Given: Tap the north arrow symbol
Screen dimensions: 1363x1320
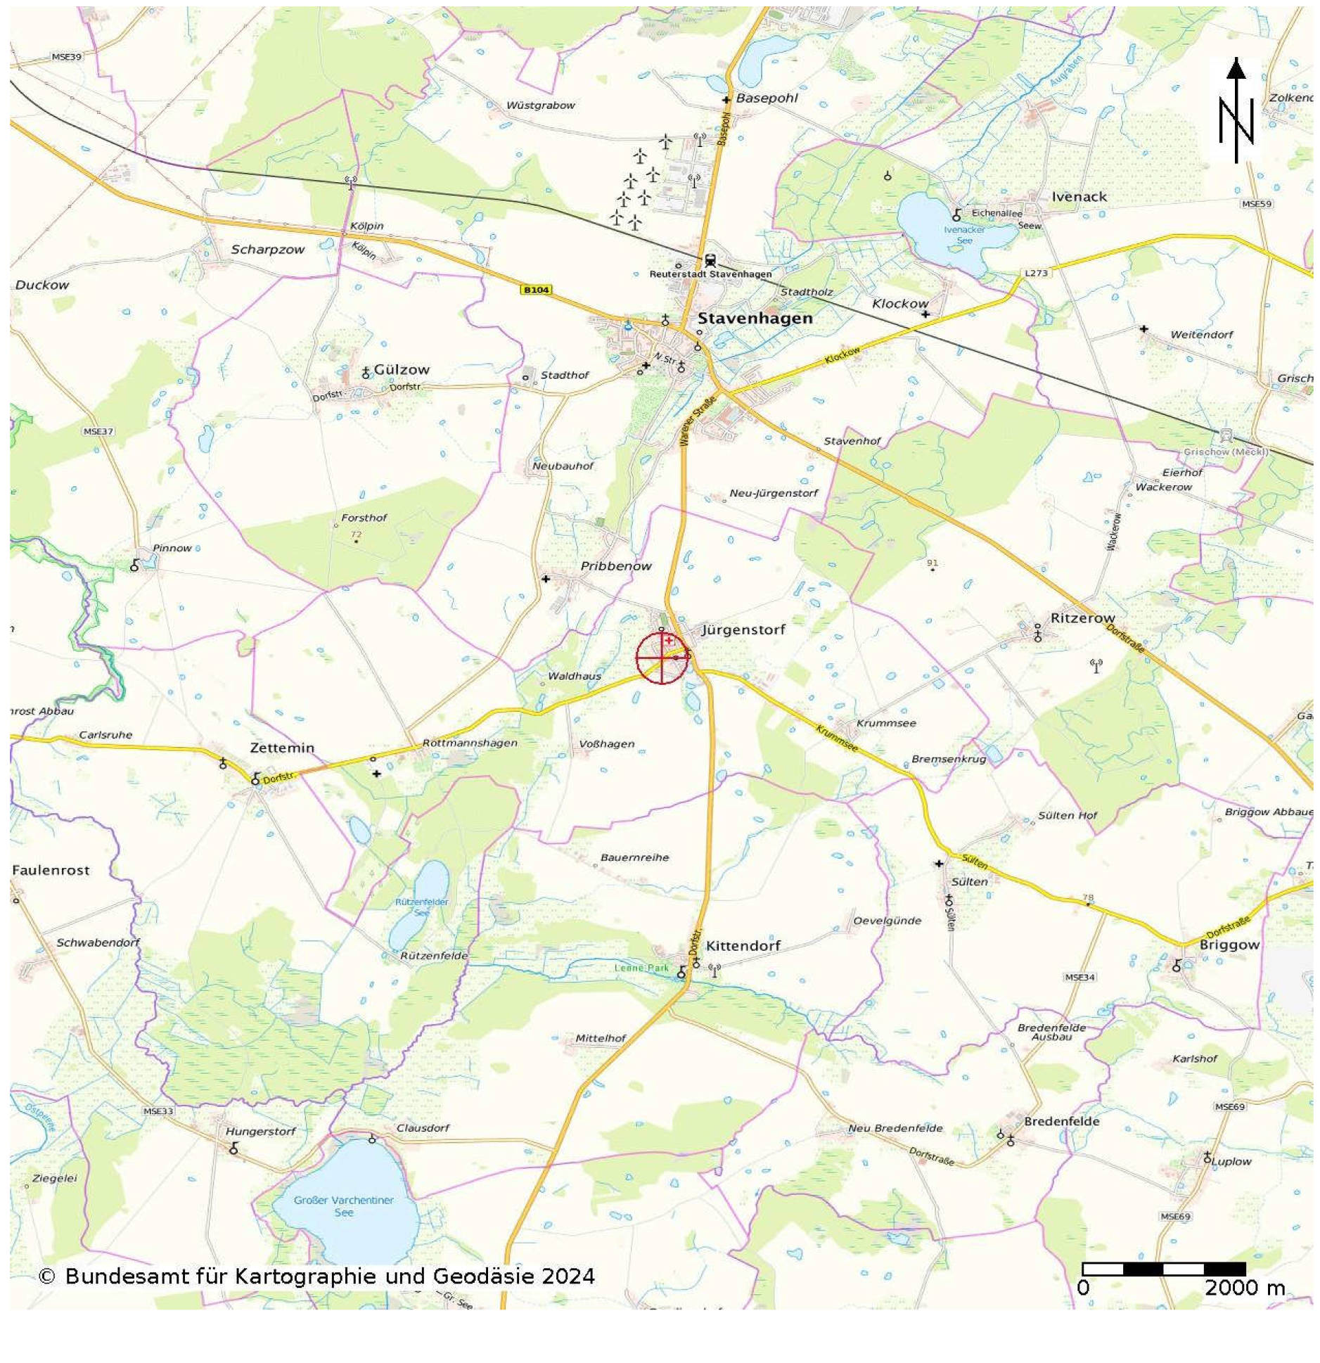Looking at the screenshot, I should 1236,113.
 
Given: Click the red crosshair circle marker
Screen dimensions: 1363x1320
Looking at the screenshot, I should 660,658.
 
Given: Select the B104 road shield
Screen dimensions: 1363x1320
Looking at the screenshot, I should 536,289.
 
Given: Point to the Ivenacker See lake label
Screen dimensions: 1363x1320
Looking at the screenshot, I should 964,235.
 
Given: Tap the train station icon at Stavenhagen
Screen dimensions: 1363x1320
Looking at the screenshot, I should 709,261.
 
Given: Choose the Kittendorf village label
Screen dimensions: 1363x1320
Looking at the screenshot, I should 743,946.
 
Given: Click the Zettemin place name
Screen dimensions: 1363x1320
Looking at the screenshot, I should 282,748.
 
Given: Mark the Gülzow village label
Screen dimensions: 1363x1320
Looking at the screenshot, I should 401,369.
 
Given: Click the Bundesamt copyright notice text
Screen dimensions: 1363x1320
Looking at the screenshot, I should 316,1276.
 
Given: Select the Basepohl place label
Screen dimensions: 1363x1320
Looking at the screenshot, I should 767,98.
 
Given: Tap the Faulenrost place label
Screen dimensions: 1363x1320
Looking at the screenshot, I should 51,870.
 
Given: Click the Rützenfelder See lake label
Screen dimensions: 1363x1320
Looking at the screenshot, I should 421,907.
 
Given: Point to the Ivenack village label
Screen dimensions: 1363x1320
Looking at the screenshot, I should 1079,197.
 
